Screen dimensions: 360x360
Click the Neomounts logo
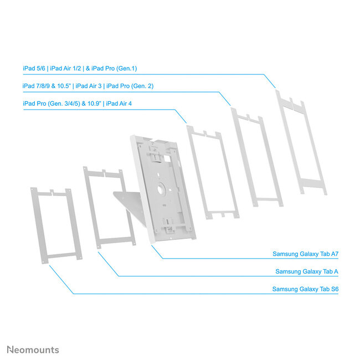click(x=33, y=349)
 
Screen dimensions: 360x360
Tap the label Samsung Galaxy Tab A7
click(x=305, y=254)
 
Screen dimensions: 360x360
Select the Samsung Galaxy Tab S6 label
click(x=305, y=289)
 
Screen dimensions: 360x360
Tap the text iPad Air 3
click(x=89, y=86)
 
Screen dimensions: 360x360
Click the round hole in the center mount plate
click(x=161, y=188)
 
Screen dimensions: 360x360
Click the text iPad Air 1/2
click(x=65, y=68)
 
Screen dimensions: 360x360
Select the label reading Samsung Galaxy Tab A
click(x=307, y=271)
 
